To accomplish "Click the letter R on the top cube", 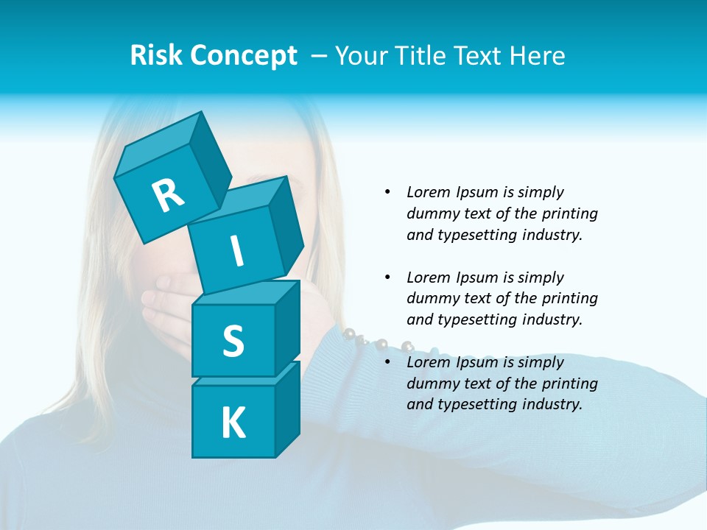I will point(169,195).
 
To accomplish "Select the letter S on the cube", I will point(233,341).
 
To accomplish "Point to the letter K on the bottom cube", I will point(233,423).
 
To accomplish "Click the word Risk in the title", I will point(157,55).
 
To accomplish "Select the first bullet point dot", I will point(388,192).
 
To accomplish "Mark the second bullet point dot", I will point(388,278).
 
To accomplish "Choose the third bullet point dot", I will point(388,362).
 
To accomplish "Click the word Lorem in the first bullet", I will point(428,192).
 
